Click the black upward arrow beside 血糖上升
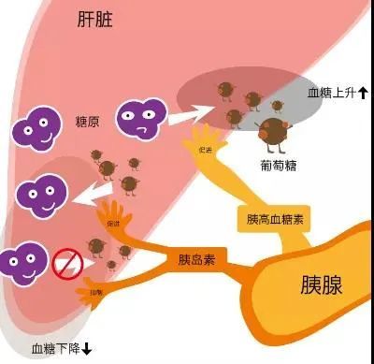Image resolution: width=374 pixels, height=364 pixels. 363,93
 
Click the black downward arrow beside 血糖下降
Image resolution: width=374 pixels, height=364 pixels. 86,349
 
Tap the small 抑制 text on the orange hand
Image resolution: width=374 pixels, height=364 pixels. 95,293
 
